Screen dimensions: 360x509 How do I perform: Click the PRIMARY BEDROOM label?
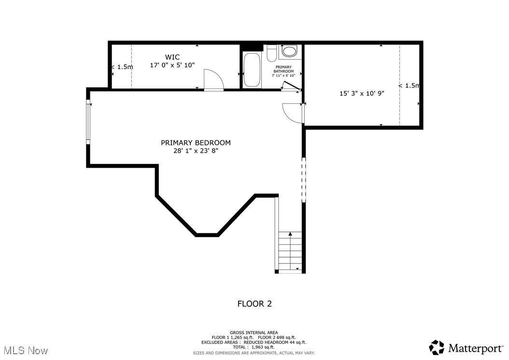(196, 143)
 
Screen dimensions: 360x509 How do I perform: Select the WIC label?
(172, 57)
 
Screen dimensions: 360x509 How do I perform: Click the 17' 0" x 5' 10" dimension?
(172, 65)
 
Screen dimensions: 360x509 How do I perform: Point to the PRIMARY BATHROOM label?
(283, 69)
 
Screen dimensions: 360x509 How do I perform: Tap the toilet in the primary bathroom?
(272, 52)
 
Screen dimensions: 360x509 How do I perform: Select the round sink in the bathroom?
(290, 51)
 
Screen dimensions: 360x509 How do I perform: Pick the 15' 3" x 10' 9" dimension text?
(361, 94)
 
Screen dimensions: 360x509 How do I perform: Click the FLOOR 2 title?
(254, 304)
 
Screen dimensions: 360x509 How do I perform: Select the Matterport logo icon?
(437, 347)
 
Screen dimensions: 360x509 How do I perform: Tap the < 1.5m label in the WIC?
(122, 67)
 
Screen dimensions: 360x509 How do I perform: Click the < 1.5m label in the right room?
(409, 86)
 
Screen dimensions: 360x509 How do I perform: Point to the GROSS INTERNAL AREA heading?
(254, 332)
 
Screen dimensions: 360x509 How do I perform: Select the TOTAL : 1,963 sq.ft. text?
(254, 347)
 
